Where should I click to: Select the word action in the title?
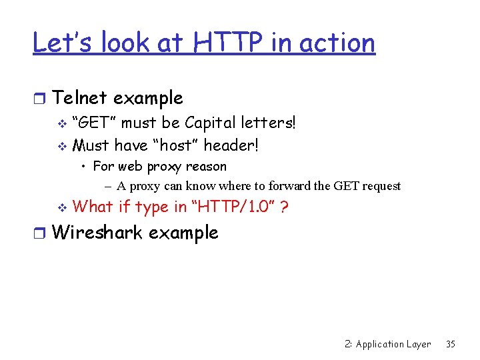[x=337, y=43]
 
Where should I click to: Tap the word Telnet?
[x=79, y=98]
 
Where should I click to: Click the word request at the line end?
[x=381, y=186]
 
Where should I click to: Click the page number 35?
[x=451, y=344]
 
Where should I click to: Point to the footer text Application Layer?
[x=393, y=344]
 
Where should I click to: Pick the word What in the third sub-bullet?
[x=93, y=207]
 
